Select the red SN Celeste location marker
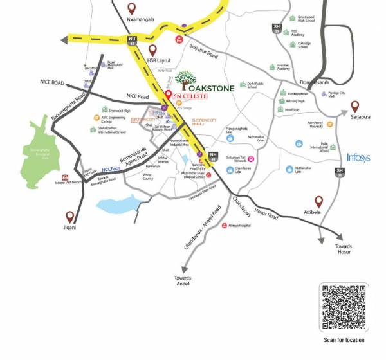point(169,96)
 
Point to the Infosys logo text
point(358,157)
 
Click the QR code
point(344,307)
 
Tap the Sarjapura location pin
point(354,106)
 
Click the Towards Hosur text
point(344,249)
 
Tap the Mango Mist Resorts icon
point(64,177)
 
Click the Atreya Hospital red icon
point(225,226)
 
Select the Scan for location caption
point(344,339)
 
